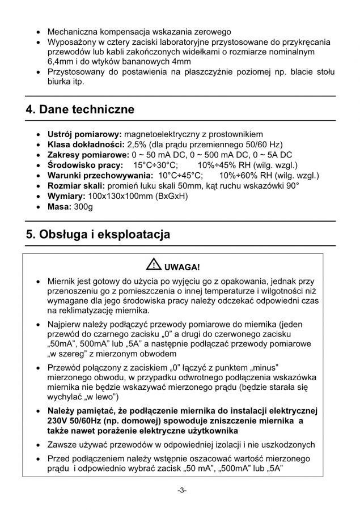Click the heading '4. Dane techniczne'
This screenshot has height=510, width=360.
pos(80,109)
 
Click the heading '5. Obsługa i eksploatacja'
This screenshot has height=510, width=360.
pos(98,234)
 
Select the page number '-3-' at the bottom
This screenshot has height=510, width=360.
pos(180,490)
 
